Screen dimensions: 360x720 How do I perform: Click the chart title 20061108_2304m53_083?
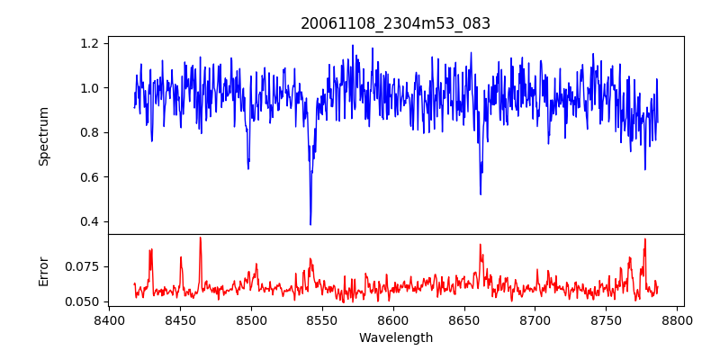tap(395, 23)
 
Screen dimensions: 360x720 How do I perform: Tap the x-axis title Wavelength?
tap(395, 338)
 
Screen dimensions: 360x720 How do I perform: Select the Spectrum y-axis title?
tap(43, 136)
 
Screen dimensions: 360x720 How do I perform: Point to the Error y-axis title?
tap(43, 271)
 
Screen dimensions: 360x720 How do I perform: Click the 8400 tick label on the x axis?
tap(109, 320)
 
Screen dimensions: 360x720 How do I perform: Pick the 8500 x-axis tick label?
tap(251, 320)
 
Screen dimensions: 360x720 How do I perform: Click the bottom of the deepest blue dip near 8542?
tap(310, 224)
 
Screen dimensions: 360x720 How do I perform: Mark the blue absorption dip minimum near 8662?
tap(481, 193)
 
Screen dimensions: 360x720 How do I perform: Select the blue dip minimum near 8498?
tap(248, 168)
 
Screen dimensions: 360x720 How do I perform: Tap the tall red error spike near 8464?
tap(200, 238)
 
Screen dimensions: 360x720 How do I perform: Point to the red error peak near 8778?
tap(645, 239)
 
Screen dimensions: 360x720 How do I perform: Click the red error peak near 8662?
tap(481, 244)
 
